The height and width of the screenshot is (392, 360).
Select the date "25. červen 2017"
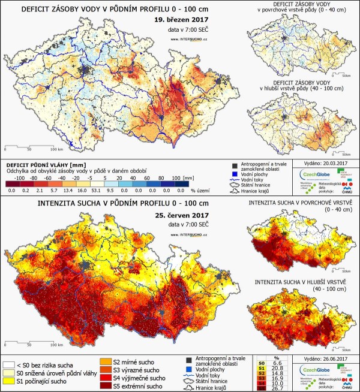(x=178, y=215)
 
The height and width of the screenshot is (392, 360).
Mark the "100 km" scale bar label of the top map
(x=56, y=149)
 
